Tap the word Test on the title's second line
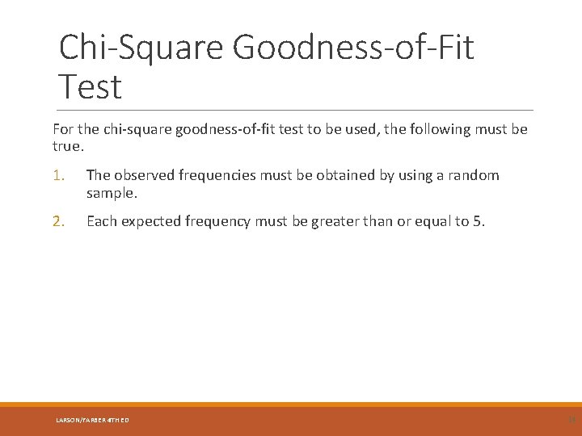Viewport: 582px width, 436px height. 91,87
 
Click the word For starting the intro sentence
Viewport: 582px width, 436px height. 64,129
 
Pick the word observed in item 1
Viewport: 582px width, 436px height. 142,175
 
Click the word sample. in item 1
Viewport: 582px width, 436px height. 112,194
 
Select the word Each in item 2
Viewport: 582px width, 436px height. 100,221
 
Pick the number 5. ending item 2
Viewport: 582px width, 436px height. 479,221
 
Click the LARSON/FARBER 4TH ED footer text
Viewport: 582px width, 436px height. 92,420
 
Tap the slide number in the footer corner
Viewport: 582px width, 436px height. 571,419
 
